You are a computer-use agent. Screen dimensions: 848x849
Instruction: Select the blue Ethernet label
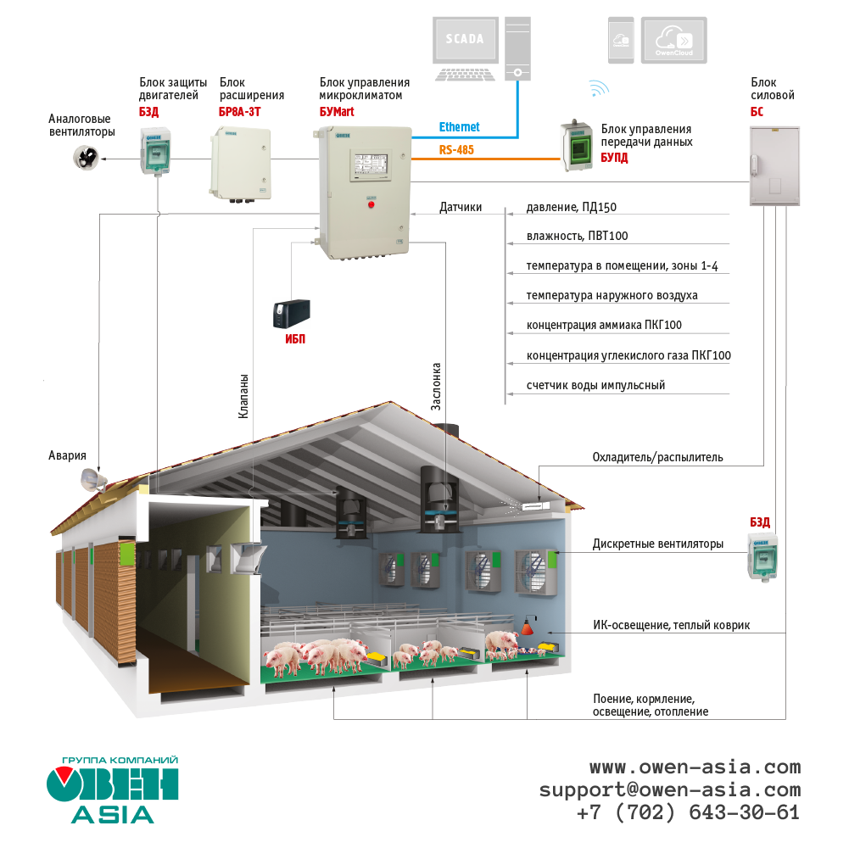coord(459,127)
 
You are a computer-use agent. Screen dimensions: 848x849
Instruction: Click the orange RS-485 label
coord(456,150)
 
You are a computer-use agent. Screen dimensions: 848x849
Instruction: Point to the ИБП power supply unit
coord(290,315)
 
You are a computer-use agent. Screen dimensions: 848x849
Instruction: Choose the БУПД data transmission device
coord(577,146)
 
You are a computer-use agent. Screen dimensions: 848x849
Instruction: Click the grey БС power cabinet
coord(774,166)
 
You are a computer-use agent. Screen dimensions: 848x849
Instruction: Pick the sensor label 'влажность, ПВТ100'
coord(577,236)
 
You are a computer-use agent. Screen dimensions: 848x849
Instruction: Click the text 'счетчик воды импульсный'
coord(595,385)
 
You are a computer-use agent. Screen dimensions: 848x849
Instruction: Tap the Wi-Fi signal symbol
coord(599,88)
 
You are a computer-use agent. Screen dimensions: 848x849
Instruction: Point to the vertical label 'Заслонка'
coord(436,387)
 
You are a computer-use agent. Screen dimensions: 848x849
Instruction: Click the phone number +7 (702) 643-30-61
coord(688,812)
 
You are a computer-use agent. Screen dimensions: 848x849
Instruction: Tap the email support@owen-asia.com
coord(669,789)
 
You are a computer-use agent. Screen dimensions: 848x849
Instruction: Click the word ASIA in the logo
coord(112,814)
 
